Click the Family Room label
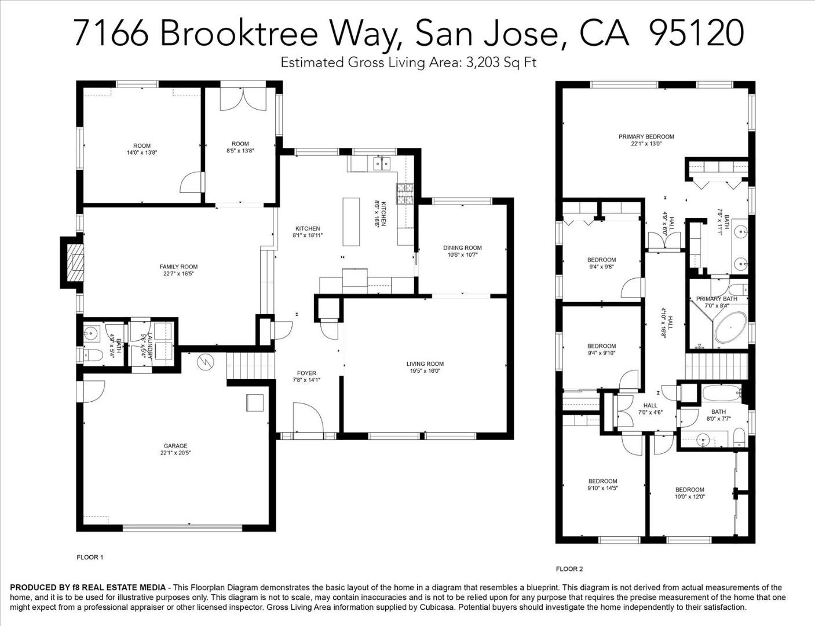point(178,267)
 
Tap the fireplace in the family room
point(73,261)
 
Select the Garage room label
point(175,446)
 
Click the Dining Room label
point(462,248)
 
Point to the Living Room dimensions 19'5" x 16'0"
point(425,371)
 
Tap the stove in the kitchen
point(404,194)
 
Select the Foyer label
point(306,373)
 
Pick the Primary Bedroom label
point(646,137)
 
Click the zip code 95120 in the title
point(696,33)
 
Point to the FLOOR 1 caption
point(90,557)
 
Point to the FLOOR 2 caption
point(569,569)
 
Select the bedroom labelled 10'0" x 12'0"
point(689,493)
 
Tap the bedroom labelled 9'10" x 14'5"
point(602,484)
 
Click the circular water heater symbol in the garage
point(204,363)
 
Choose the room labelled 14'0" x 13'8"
point(141,149)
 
